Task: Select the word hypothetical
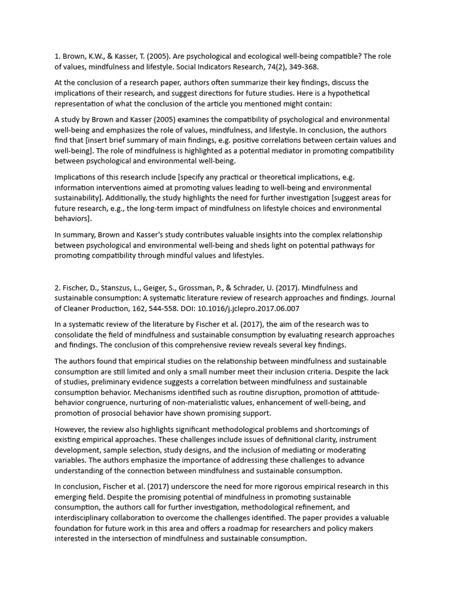[x=361, y=93]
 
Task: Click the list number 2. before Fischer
[x=58, y=288]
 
